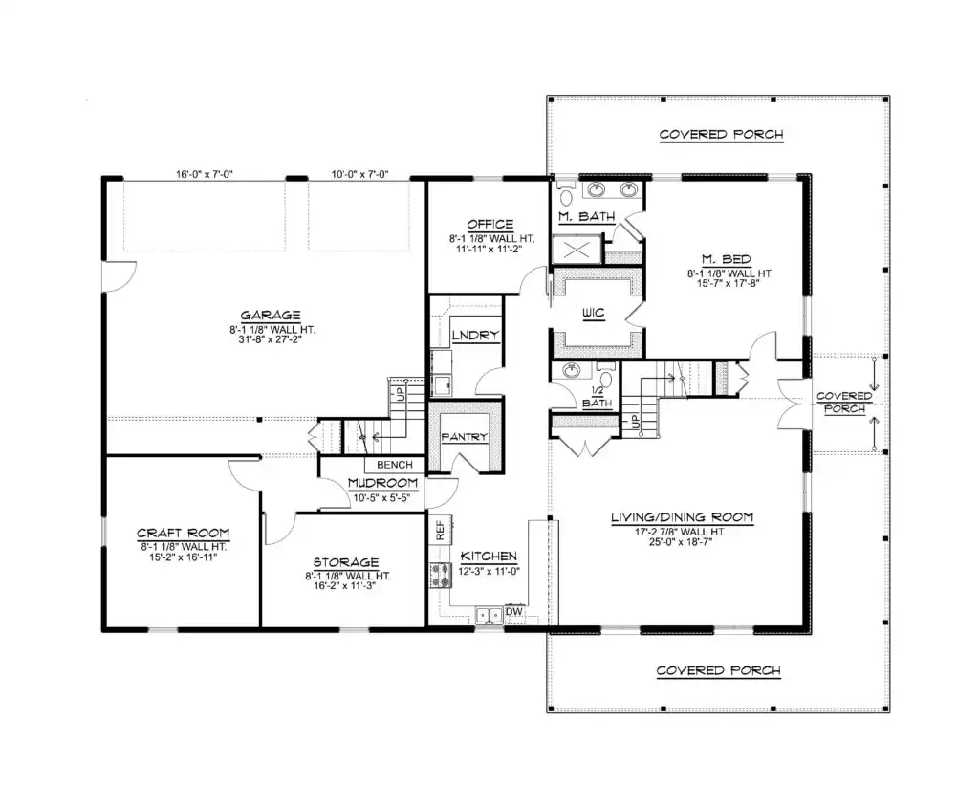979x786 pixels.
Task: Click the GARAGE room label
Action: [271, 316]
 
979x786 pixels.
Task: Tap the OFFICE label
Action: [490, 224]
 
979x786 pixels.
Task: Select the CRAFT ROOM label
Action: [183, 534]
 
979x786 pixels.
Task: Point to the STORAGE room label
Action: [346, 562]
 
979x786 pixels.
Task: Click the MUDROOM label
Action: [382, 483]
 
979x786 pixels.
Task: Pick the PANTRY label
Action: [464, 437]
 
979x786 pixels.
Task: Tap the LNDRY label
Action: [475, 336]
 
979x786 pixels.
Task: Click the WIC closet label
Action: [593, 313]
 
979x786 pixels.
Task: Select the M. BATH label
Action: [586, 217]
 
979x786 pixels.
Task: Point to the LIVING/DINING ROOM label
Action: [682, 517]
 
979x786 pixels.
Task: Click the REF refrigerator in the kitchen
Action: [440, 530]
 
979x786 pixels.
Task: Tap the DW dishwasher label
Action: [513, 611]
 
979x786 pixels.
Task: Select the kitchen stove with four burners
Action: [440, 575]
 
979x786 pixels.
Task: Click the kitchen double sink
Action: [489, 615]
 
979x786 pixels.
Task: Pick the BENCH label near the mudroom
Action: [395, 465]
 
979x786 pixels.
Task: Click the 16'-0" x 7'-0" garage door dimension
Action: [205, 174]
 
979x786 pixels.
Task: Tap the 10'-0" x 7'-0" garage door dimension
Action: [359, 174]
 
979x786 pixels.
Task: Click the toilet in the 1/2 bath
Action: [604, 377]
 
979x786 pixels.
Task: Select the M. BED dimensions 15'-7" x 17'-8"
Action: [728, 283]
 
